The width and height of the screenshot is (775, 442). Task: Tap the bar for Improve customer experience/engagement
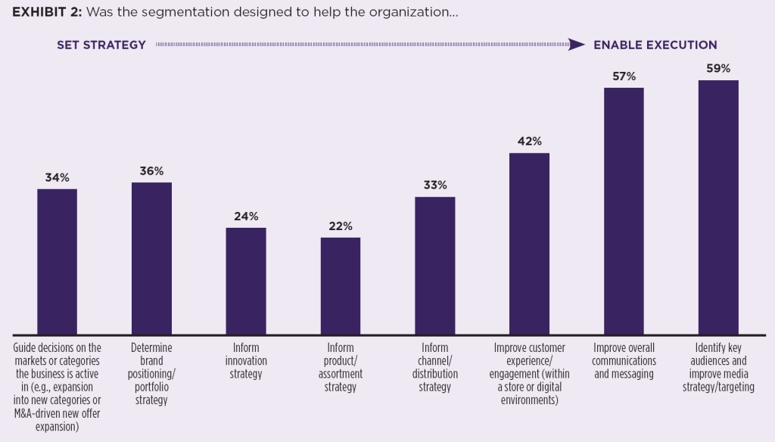click(529, 244)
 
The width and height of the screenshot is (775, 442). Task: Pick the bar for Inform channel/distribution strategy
click(435, 266)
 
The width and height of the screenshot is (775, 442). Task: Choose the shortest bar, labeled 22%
click(341, 286)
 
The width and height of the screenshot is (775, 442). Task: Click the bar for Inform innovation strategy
click(246, 281)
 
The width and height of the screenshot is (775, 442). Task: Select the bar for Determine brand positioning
click(151, 258)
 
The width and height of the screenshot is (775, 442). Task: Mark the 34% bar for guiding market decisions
click(57, 261)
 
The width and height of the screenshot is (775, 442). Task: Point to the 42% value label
click(529, 142)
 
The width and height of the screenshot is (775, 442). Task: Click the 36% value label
click(151, 171)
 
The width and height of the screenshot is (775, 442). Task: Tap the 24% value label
click(246, 216)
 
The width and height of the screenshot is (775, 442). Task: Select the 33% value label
click(435, 185)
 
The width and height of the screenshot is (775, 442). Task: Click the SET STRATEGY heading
click(101, 45)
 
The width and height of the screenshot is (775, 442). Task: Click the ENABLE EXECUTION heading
click(655, 45)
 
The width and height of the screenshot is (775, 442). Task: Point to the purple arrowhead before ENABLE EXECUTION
click(577, 45)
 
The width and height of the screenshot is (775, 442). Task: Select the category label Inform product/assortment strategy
click(341, 367)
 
